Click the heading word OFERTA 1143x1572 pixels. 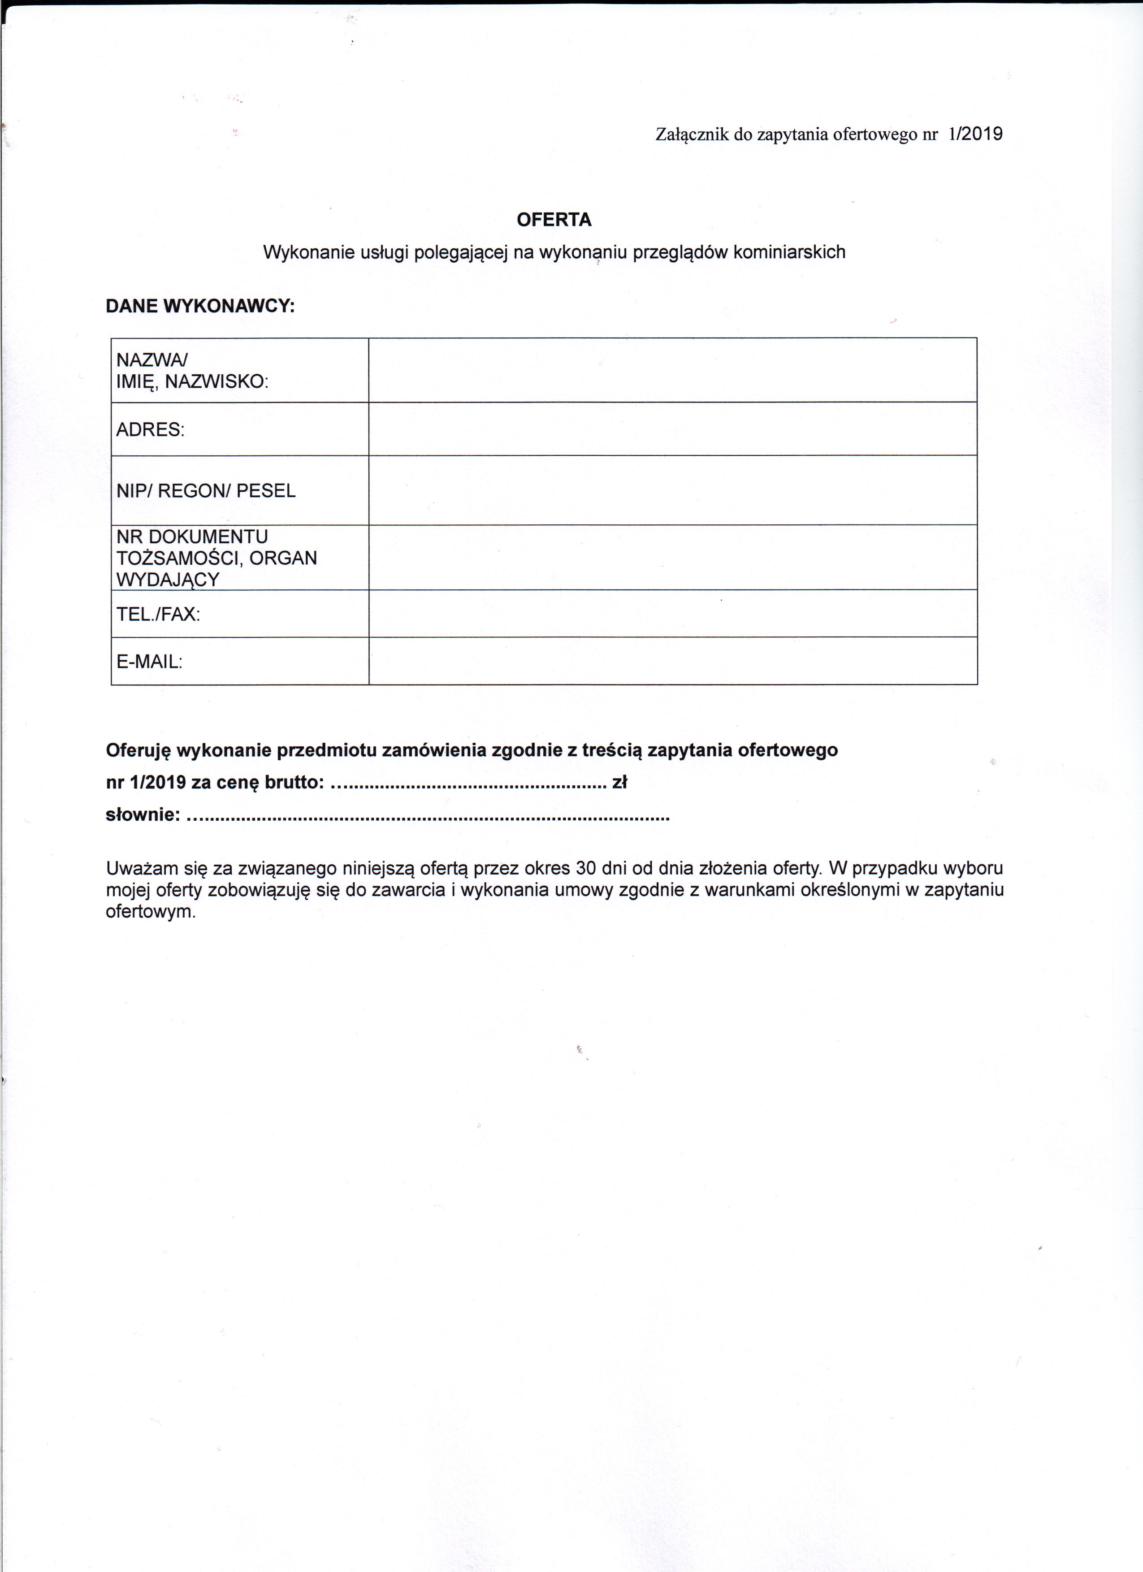pyautogui.click(x=554, y=220)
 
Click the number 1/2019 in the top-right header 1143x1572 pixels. pyautogui.click(x=975, y=134)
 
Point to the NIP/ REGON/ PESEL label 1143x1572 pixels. pyautogui.click(x=206, y=491)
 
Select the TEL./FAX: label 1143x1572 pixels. pyautogui.click(x=158, y=614)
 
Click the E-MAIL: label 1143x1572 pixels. pyautogui.click(x=149, y=661)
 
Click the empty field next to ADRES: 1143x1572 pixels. pyautogui.click(x=672, y=429)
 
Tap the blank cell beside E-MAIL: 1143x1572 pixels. pyautogui.click(x=672, y=661)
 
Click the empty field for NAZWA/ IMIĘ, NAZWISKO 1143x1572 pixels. pyautogui.click(x=672, y=370)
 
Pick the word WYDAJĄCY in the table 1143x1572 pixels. pyautogui.click(x=168, y=580)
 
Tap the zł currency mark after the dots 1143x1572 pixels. pyautogui.click(x=619, y=783)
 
